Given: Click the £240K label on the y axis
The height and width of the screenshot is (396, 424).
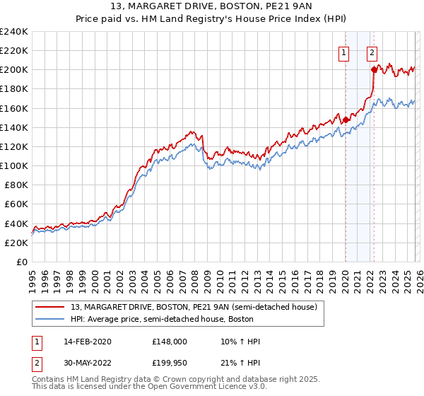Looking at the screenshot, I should coord(14,32).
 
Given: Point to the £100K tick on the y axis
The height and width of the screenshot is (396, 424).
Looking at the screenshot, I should coord(14,165).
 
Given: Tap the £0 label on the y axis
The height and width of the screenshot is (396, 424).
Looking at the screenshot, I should coord(23,262).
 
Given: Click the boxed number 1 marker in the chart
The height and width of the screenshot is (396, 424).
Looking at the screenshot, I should coord(344,52).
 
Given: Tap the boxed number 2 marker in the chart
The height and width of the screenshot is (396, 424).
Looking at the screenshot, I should coord(372,52).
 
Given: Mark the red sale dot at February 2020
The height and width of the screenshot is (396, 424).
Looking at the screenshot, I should coord(345,120).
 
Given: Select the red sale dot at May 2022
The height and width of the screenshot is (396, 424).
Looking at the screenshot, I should coord(373,70).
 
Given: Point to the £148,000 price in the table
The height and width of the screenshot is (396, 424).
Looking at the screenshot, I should coord(169,342).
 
